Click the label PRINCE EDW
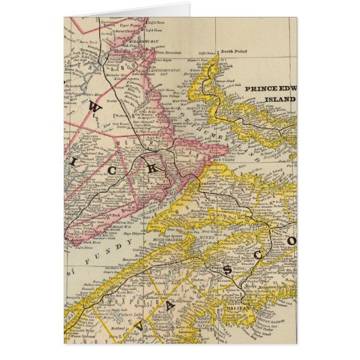tap(268, 89)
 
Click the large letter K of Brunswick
tap(153, 168)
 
